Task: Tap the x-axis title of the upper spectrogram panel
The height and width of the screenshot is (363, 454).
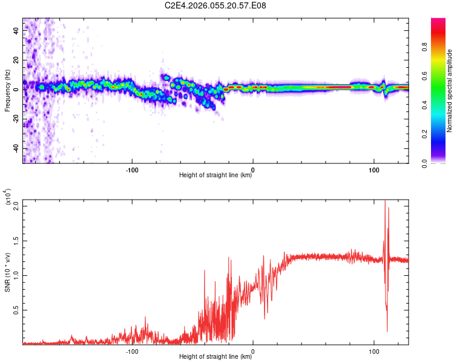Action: [215, 176]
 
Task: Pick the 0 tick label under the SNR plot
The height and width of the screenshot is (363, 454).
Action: [253, 350]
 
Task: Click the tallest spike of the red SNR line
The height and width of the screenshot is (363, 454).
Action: [385, 201]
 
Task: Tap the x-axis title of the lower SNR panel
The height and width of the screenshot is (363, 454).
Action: [215, 357]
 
